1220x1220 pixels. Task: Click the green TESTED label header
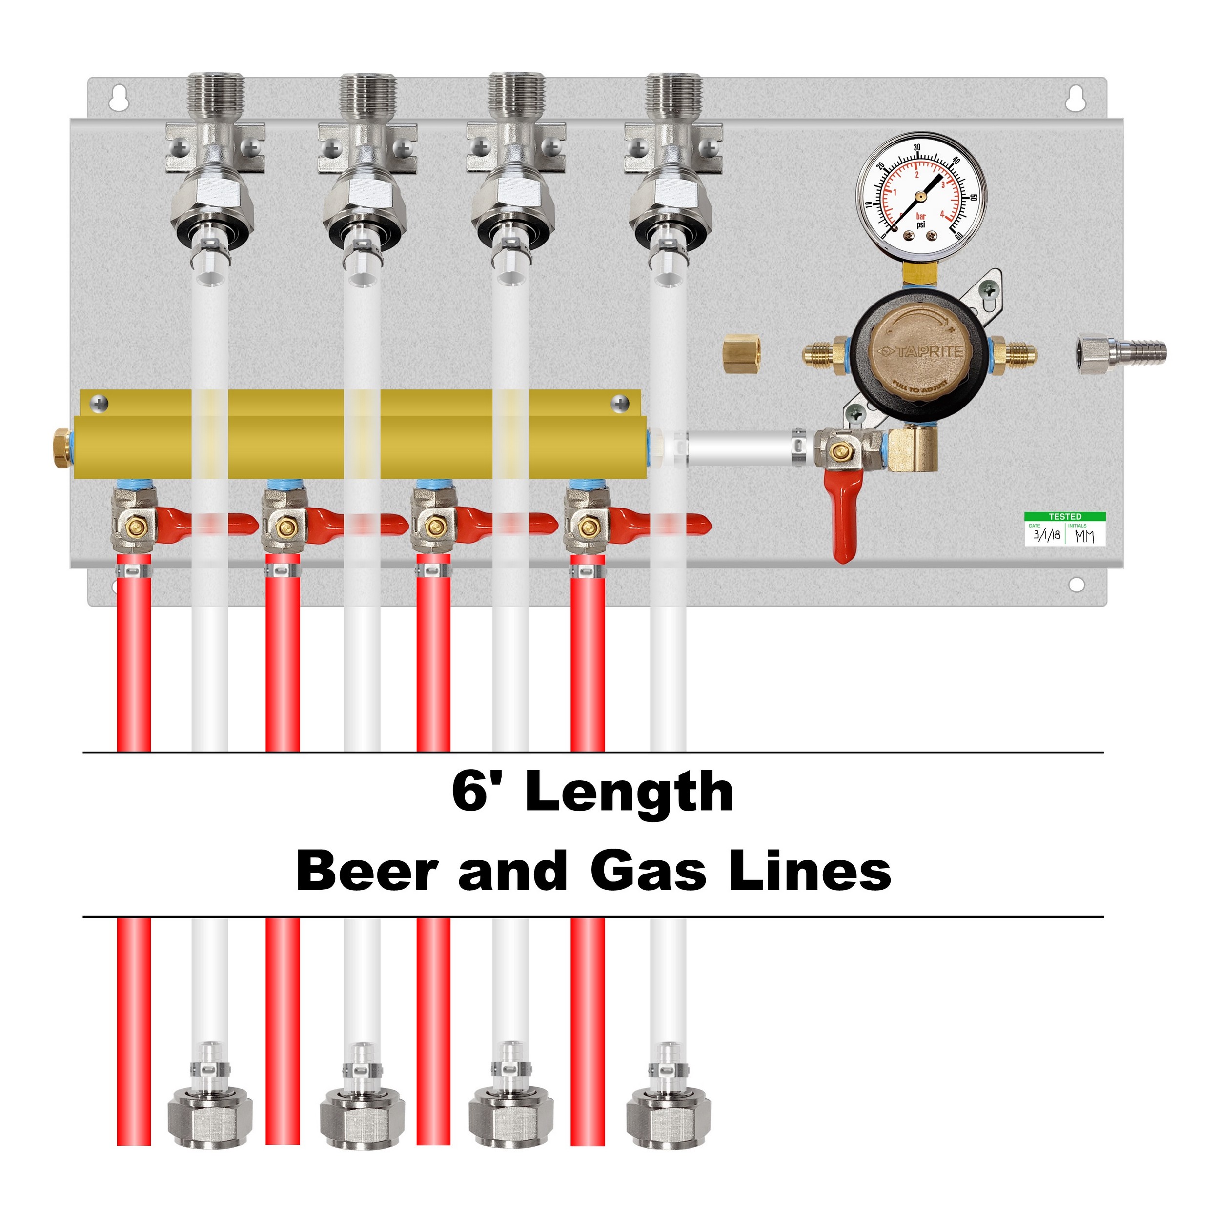tap(1065, 516)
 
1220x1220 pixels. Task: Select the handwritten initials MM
tap(1085, 536)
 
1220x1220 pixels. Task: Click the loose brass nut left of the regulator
tap(742, 354)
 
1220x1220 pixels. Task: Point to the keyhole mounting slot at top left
tap(117, 99)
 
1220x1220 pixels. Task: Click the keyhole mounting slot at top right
tap(1074, 99)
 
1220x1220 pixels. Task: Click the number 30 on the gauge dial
tap(917, 148)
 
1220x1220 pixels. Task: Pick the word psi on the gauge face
tap(921, 224)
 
